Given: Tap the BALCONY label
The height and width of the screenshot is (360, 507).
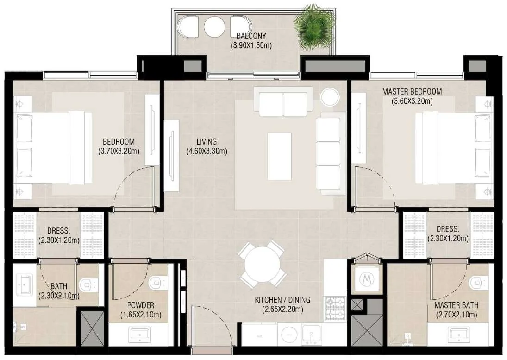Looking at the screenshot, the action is [251, 36].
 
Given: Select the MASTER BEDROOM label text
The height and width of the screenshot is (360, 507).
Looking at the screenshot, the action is [412, 92].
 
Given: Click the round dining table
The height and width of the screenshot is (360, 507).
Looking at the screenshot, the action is [262, 264].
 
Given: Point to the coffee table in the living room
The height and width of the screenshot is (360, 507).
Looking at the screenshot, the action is [279, 156].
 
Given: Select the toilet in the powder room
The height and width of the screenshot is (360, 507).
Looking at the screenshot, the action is [158, 282].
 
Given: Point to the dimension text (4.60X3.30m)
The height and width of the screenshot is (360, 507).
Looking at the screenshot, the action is [207, 151].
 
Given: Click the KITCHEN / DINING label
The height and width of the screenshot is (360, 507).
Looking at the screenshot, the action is [282, 300].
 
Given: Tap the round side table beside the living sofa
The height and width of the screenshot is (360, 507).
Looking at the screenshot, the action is [330, 96].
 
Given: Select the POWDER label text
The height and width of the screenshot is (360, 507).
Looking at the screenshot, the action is [140, 305].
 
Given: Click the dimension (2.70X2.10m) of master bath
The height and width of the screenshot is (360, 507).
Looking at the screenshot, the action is [456, 315].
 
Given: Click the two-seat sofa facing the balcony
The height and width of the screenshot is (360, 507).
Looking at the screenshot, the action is [283, 101].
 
